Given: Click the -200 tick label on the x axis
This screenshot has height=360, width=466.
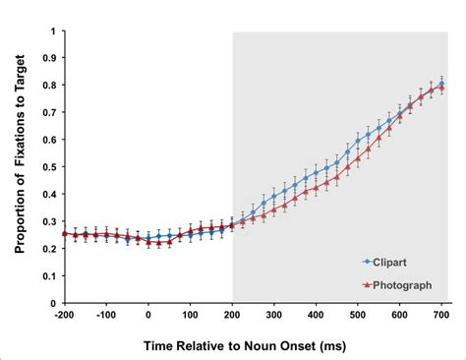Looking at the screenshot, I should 64,315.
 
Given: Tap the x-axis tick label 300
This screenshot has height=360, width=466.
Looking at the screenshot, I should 274,315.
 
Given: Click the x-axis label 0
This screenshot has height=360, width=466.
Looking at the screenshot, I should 147,315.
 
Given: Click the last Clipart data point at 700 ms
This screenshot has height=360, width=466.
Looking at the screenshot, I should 441,85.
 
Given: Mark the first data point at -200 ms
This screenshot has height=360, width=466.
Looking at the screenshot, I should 64,233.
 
